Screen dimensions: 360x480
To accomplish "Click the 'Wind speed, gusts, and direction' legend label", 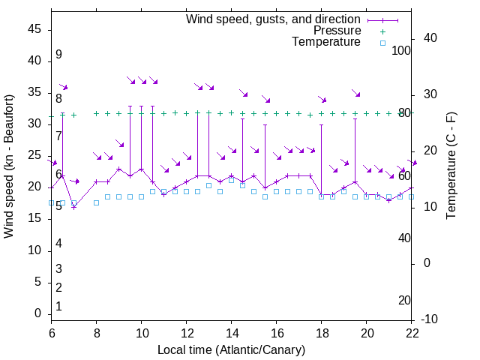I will pos(274,19).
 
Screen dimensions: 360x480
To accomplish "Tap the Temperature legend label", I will pos(326,42).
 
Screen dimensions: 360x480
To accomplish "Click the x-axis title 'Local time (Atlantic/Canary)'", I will pos(231,350).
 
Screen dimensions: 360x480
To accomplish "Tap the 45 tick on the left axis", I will pos(34,29).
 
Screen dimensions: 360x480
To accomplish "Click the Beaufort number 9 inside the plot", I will pos(58,55).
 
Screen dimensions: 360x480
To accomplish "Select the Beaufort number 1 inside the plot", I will pos(58,307).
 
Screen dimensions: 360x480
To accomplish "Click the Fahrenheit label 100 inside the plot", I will pos(402,51).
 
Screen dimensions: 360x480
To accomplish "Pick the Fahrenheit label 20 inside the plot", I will pos(404,301).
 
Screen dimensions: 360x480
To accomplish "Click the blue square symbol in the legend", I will pos(382,43).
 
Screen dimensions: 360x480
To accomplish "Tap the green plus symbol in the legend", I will pos(382,31).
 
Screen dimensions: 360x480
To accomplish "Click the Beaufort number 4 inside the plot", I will pos(58,244).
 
